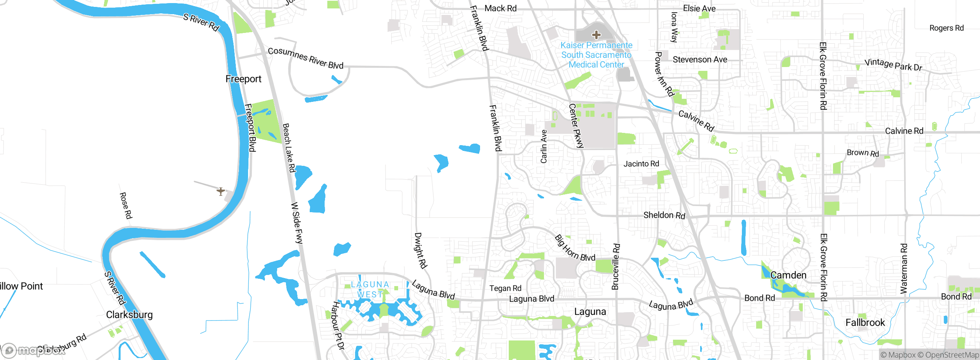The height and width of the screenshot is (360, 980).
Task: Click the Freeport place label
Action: pos(243,79)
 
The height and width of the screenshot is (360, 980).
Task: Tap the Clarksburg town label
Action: pos(129,315)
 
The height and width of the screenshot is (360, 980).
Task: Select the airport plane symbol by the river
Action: pos(220,191)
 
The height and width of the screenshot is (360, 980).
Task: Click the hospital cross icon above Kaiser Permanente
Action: pos(596,35)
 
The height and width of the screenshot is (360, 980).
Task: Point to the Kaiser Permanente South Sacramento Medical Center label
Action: pos(596,55)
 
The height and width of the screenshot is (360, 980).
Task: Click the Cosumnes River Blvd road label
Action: pos(305,58)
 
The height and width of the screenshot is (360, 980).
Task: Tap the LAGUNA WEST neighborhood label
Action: pos(370,290)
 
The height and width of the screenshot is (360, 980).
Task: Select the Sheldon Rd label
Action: pos(664,215)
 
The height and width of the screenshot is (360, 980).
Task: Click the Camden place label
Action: pos(788,275)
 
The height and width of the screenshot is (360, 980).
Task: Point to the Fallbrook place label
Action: pos(865,323)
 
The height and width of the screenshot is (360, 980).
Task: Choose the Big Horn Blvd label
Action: pos(575,248)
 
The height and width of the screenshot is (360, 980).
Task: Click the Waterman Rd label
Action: pos(904,268)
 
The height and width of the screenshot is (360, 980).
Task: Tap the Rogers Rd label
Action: pos(946,28)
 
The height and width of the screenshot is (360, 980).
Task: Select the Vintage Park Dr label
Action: pos(893,65)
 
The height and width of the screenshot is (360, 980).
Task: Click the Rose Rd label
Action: pos(126,206)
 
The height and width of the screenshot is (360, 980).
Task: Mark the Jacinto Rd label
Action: pos(641,164)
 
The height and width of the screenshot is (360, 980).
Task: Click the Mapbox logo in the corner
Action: pos(33,350)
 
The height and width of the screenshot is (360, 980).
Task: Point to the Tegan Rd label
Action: pos(505,288)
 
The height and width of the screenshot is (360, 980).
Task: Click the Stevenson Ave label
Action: pos(700,60)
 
